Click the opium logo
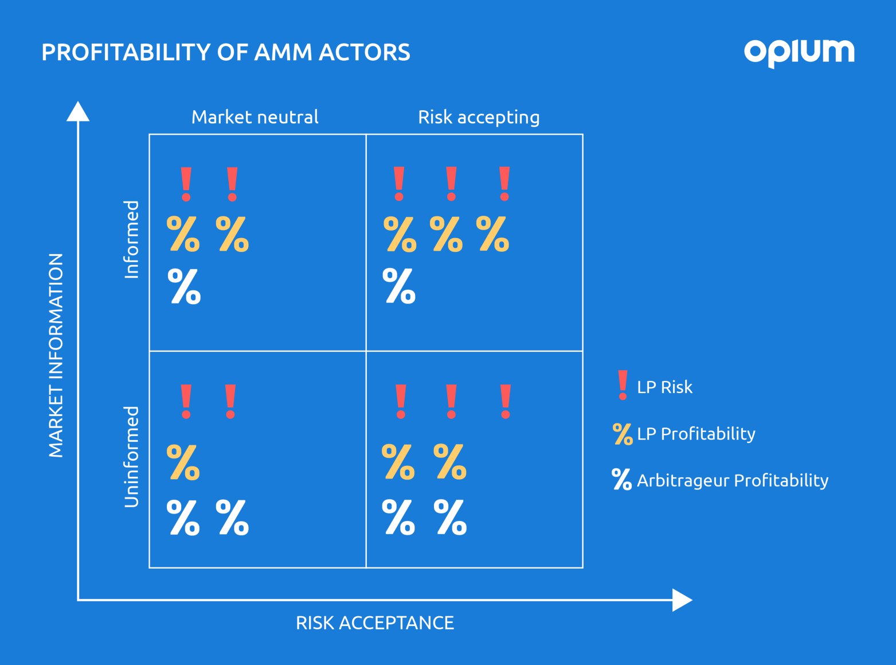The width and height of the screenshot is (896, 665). (799, 53)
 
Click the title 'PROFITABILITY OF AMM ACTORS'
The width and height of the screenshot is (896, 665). (226, 52)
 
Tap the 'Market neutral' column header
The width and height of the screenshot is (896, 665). (255, 117)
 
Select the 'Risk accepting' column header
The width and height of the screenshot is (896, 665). (479, 118)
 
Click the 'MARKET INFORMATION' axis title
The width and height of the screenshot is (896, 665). (56, 356)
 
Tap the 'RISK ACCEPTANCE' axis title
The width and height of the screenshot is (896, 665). (375, 623)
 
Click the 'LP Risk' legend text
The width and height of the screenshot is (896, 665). (664, 387)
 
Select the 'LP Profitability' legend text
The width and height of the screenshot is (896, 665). (696, 434)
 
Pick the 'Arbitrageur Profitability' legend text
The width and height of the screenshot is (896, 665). (733, 481)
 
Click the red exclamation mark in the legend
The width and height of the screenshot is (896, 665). (623, 385)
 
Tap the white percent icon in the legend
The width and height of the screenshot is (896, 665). (622, 479)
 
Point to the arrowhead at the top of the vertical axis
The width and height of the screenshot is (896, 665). (78, 111)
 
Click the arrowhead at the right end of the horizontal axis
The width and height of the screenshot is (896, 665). (682, 600)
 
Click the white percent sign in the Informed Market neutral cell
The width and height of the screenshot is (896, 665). (184, 286)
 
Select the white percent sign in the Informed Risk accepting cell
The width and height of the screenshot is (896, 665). (399, 286)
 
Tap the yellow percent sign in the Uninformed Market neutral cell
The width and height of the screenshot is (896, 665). (183, 462)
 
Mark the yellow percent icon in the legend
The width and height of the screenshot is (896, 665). (623, 434)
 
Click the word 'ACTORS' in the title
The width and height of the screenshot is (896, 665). (364, 52)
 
